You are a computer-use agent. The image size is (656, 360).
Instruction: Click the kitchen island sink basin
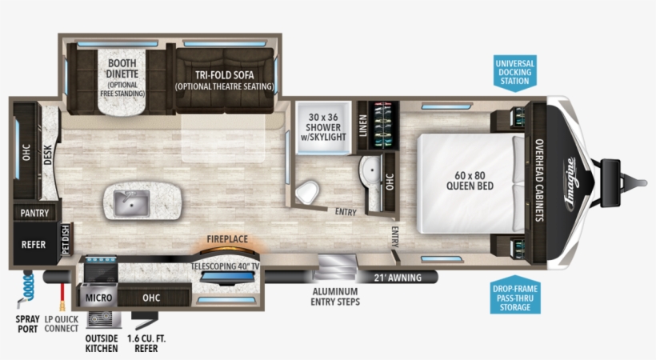click(131, 203)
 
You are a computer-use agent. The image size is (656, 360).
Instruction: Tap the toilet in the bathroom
click(307, 193)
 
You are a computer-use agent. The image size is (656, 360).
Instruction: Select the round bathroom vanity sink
click(370, 170)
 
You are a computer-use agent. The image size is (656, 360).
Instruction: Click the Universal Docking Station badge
click(514, 73)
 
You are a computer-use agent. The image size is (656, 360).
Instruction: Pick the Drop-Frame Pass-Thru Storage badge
click(515, 295)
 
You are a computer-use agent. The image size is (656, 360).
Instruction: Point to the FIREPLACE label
click(227, 239)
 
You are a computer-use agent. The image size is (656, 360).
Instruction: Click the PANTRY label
click(34, 213)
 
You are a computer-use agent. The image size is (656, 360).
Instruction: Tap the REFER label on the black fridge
click(34, 245)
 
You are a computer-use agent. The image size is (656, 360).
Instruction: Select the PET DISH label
click(66, 239)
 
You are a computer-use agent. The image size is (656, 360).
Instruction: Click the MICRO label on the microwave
click(98, 298)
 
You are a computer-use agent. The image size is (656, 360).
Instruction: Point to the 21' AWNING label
click(398, 278)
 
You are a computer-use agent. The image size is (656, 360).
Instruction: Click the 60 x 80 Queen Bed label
click(470, 181)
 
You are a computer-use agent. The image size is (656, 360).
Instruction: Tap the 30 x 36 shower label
click(323, 127)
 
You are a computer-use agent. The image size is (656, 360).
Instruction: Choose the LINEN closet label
click(363, 126)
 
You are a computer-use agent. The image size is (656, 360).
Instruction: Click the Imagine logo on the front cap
click(570, 183)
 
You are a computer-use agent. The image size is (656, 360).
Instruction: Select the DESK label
click(47, 154)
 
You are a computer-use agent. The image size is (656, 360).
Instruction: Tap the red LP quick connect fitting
click(62, 297)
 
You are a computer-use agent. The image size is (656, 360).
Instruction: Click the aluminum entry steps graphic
click(336, 266)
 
